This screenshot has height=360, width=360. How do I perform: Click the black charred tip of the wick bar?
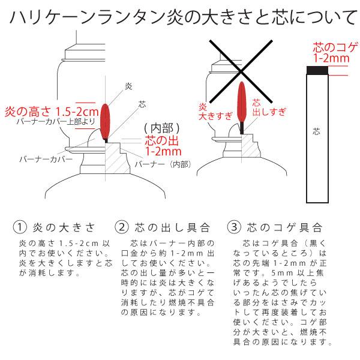(x=317, y=71)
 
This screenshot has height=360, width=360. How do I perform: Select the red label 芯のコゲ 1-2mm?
(x=332, y=53)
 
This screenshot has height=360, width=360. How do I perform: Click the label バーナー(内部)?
(x=162, y=163)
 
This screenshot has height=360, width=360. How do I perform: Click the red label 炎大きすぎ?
(x=211, y=111)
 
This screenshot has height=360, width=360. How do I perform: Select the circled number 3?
(x=233, y=227)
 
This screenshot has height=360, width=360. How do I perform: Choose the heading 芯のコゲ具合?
(x=284, y=227)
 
